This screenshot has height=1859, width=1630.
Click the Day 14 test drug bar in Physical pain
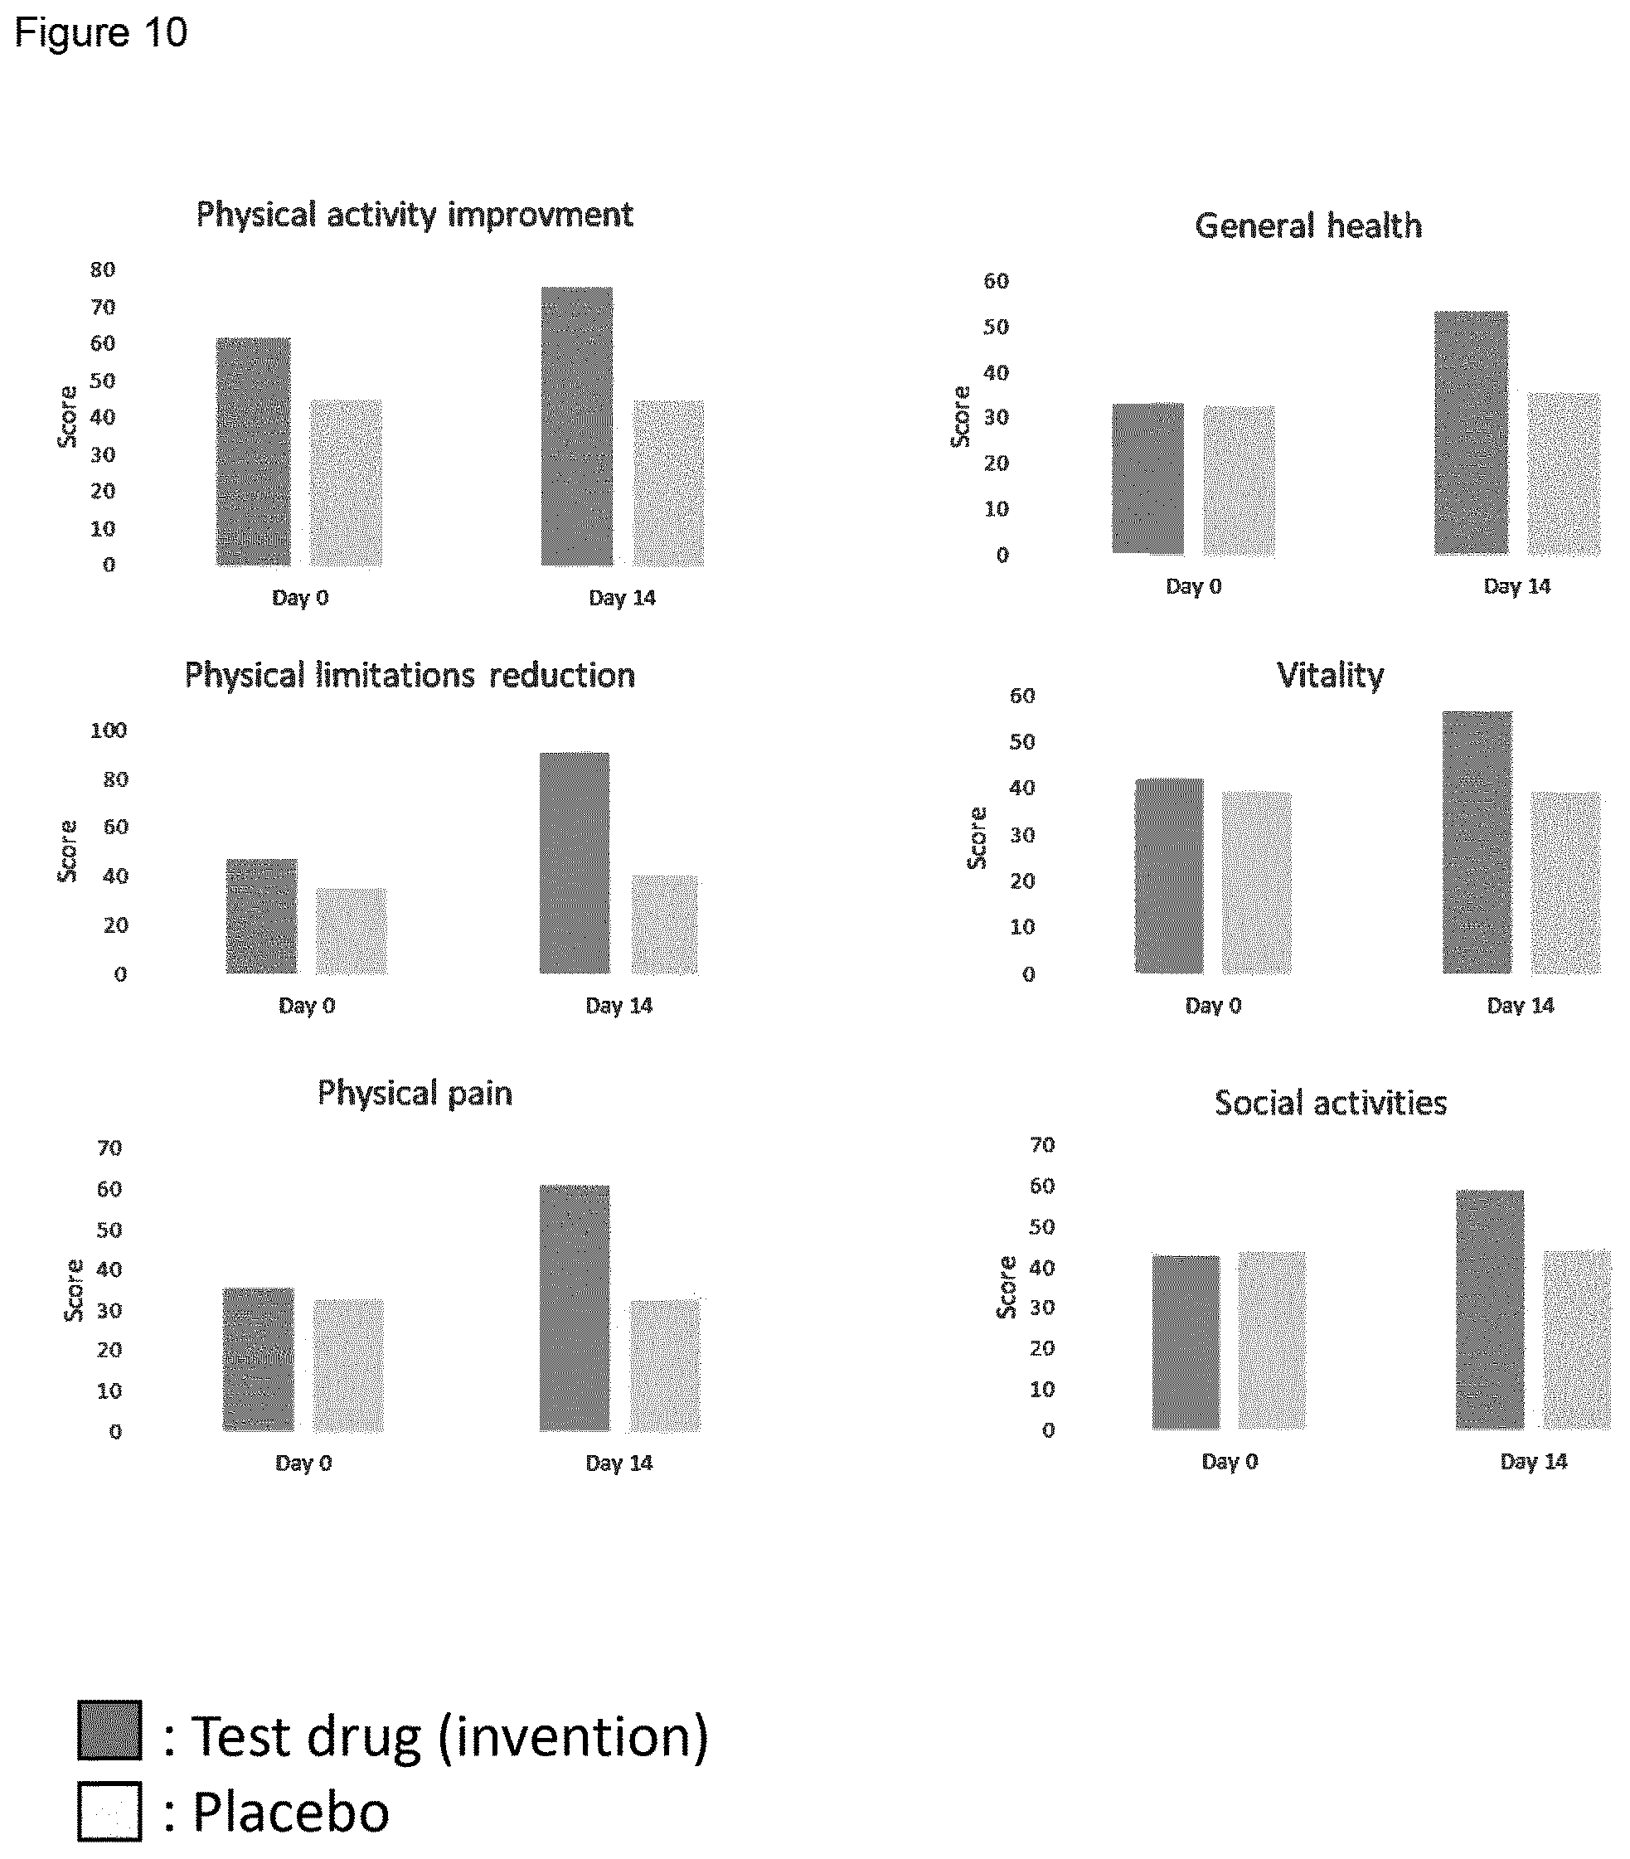[x=574, y=1307]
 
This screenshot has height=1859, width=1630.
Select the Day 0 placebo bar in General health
[x=1238, y=480]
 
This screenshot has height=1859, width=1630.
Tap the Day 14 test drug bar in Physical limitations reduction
[x=574, y=862]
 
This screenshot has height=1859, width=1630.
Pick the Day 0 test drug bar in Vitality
[x=1169, y=875]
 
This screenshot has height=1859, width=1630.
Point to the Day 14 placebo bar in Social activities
[x=1577, y=1339]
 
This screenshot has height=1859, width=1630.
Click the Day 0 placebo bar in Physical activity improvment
[x=346, y=482]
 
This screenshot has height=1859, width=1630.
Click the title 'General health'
[x=1308, y=225]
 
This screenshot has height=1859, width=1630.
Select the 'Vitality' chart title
[x=1330, y=675]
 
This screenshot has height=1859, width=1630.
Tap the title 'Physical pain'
[x=415, y=1092]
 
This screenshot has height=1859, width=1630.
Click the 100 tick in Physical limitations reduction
[x=109, y=730]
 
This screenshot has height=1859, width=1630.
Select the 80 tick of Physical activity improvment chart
[x=103, y=269]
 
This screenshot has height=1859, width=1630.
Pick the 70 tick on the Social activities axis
[x=1042, y=1144]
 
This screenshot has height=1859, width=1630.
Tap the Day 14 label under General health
[x=1516, y=585]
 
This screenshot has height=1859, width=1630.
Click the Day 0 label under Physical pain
[x=303, y=1463]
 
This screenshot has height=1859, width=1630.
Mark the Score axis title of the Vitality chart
[x=976, y=837]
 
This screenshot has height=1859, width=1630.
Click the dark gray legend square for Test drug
[x=109, y=1729]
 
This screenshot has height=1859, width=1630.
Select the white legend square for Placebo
[x=109, y=1811]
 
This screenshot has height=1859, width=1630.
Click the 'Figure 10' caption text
[x=101, y=32]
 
